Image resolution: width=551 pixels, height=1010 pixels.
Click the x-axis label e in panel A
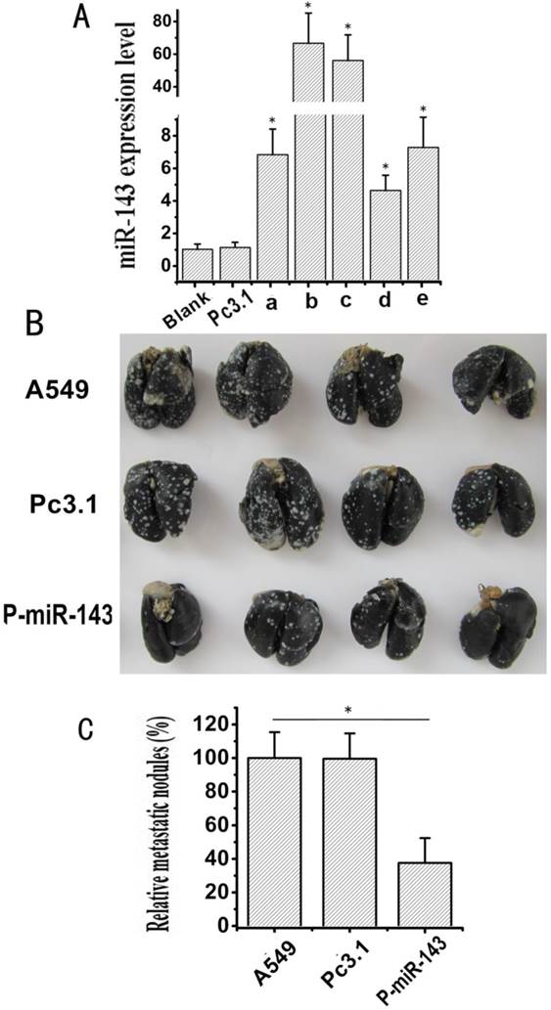(x=423, y=299)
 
